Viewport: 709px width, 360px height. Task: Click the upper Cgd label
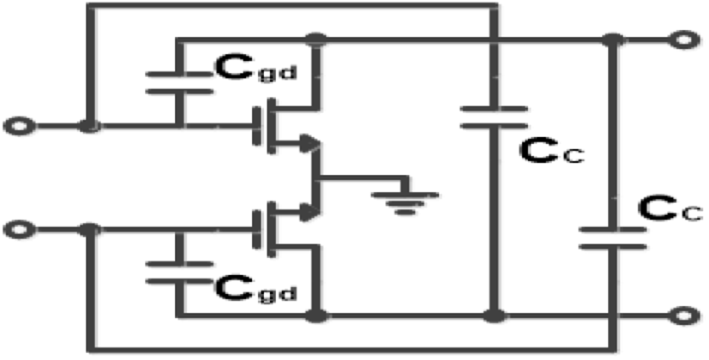point(256,69)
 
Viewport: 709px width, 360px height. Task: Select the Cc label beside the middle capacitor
point(551,152)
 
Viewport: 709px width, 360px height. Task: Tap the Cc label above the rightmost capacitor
point(670,209)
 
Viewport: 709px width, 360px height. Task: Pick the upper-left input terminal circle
point(19,126)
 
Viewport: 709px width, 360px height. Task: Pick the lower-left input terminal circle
point(19,230)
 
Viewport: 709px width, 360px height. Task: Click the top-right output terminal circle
point(685,39)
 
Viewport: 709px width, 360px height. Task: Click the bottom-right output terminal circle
point(685,315)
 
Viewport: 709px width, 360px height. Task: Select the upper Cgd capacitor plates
point(179,83)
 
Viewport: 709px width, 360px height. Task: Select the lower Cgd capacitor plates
point(179,273)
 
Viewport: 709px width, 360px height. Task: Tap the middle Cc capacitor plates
point(494,117)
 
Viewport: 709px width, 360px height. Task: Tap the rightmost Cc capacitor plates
point(613,238)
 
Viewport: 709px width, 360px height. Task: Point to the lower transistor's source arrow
point(309,212)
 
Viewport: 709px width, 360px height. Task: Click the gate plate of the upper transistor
point(257,126)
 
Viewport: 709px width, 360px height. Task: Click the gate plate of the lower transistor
point(257,230)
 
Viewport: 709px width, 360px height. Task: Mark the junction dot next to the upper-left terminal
point(89,126)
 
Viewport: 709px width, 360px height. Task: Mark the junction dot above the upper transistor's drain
point(316,39)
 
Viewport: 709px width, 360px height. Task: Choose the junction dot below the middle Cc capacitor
point(494,315)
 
